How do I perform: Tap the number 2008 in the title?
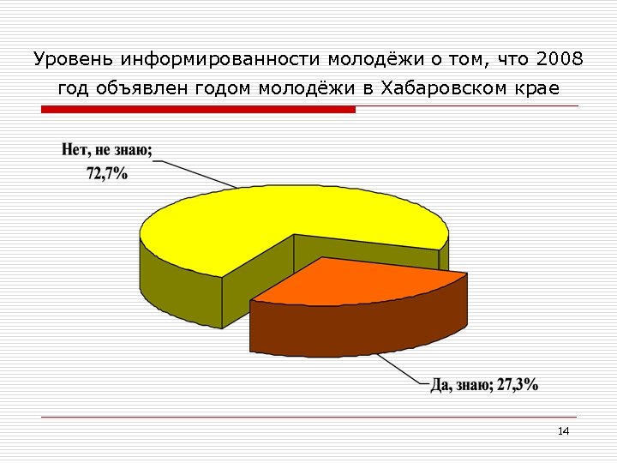559,59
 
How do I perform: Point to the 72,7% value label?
107,172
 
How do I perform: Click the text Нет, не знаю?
107,151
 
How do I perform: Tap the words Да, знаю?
462,385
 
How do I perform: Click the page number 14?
563,430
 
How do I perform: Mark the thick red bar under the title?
197,110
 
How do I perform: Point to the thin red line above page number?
308,418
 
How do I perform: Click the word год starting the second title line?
75,88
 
